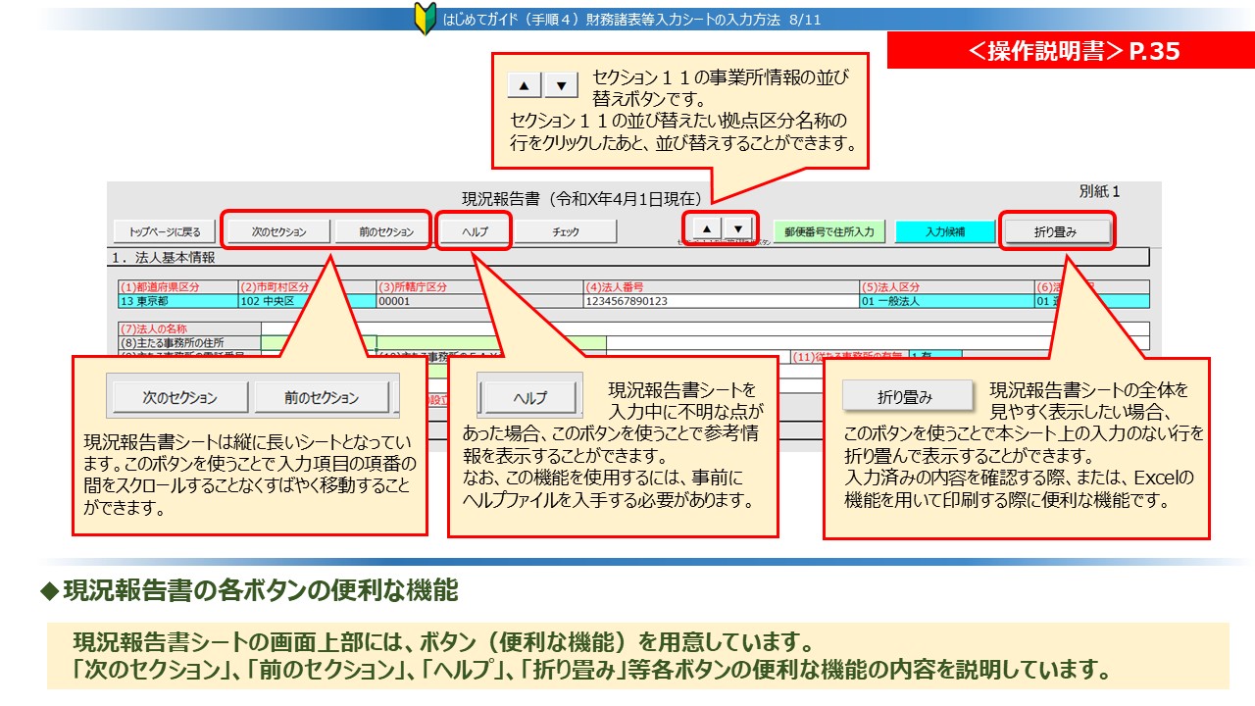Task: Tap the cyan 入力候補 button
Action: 944,231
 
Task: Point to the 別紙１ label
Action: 1099,192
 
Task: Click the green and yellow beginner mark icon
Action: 425,19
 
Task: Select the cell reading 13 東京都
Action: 176,301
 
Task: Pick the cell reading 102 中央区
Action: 306,301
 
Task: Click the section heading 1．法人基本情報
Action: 163,259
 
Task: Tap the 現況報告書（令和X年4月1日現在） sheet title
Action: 581,199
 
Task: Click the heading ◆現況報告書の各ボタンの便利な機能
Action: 249,591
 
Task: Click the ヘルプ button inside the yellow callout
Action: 530,397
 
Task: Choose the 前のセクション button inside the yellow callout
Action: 322,397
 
